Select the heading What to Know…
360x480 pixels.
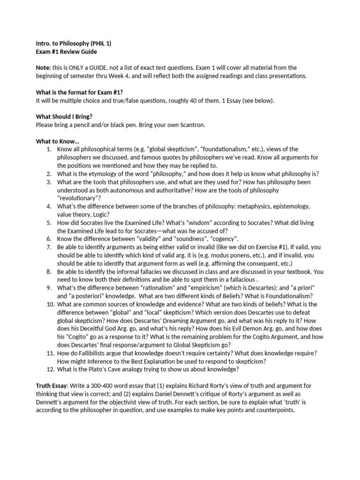tap(58, 141)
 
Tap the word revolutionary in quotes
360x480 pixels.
tap(81, 198)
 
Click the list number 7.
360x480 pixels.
tap(49, 247)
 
